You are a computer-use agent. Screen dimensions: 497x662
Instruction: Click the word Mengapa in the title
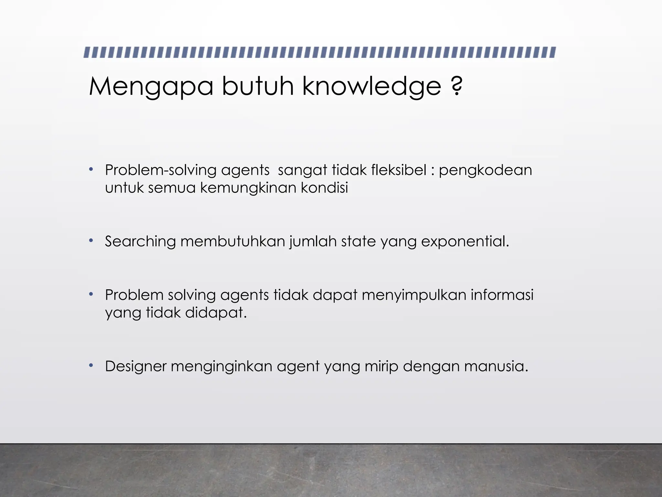(x=151, y=87)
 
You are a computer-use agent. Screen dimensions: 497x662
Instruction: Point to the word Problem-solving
(x=161, y=170)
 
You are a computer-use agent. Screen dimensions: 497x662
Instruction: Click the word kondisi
(x=324, y=188)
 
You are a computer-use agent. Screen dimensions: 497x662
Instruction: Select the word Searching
(x=140, y=242)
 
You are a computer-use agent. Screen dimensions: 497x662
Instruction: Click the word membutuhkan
(x=232, y=241)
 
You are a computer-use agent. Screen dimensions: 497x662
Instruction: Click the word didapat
(x=216, y=313)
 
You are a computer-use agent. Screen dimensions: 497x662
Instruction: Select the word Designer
(x=135, y=367)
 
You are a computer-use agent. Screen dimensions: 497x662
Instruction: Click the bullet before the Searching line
(x=91, y=240)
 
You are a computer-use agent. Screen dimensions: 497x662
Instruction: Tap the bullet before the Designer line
(x=91, y=365)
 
